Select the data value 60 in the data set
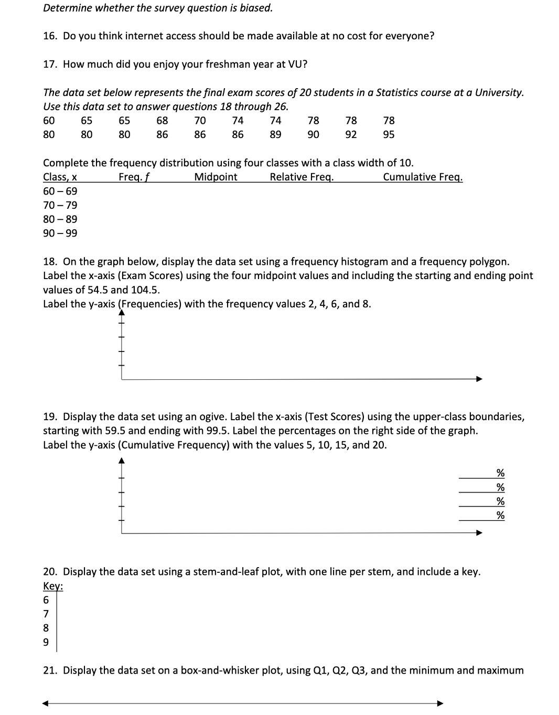coord(49,121)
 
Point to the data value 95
coord(389,135)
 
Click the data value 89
coord(275,135)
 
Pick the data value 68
coord(162,121)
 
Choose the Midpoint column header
coord(216,177)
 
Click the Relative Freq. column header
coord(302,177)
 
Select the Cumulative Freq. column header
coord(423,177)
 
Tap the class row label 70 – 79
coord(60,205)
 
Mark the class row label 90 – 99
coord(60,233)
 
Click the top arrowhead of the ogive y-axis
coord(122,461)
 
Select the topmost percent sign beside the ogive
coord(500,473)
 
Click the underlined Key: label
coord(53,586)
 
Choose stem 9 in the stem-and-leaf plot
coord(46,642)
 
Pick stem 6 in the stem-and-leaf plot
coord(46,600)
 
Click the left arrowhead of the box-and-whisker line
coord(46,703)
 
